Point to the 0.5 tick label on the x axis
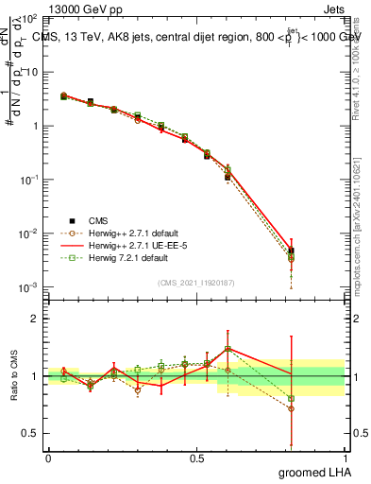pos(196,457)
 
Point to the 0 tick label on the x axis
pos(48,457)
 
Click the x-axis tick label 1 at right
pos(345,457)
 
